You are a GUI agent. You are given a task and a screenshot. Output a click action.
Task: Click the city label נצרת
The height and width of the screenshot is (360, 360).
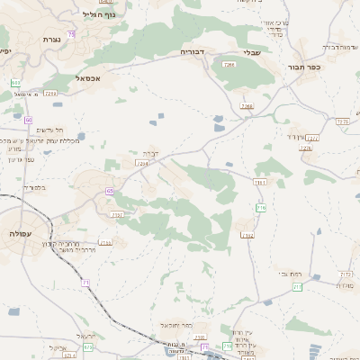click(50, 40)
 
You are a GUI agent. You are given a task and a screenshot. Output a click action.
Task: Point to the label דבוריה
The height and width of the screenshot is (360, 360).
click(193, 51)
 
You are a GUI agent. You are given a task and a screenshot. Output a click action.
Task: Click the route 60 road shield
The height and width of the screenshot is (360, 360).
click(29, 120)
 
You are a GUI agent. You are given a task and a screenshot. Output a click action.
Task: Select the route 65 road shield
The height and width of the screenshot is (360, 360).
click(110, 191)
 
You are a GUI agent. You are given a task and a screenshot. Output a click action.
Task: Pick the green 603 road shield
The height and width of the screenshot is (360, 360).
click(15, 83)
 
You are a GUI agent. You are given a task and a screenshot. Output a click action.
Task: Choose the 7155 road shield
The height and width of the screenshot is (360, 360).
click(105, 243)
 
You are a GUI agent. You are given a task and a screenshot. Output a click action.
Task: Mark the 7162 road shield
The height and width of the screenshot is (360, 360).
click(247, 236)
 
